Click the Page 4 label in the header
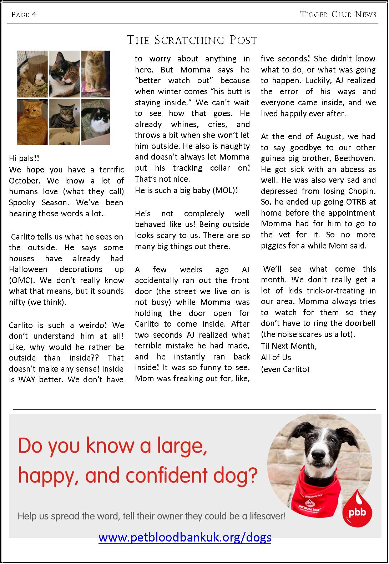click(x=24, y=15)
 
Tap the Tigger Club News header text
click(x=338, y=15)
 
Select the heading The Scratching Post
click(x=192, y=40)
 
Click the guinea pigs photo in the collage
click(x=32, y=74)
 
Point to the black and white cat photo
click(x=96, y=122)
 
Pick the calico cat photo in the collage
click(x=64, y=74)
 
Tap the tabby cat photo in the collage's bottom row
click(x=64, y=122)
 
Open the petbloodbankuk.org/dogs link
click(x=185, y=538)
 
